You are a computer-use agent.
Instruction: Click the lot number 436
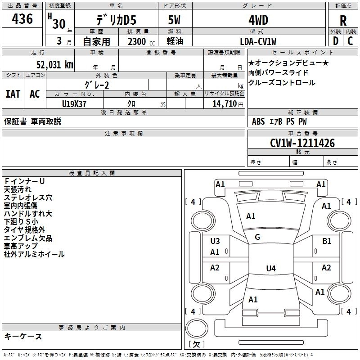(x=22, y=18)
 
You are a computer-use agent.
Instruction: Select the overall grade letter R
(x=343, y=21)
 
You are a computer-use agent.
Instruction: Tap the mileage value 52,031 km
(x=55, y=64)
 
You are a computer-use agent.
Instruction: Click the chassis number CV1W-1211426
(x=302, y=143)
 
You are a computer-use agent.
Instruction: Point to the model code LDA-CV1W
(x=258, y=41)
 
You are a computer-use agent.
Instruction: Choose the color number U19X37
(x=74, y=104)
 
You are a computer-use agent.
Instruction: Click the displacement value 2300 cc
(x=141, y=41)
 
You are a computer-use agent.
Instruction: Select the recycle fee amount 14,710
(x=225, y=103)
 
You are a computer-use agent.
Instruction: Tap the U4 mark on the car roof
(x=271, y=268)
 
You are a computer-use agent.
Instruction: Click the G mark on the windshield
(x=257, y=237)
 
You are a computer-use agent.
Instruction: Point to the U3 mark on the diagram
(x=215, y=241)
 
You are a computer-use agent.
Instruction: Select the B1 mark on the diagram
(x=327, y=241)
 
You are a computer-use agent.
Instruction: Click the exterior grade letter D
(x=336, y=41)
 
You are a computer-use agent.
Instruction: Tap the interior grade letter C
(x=350, y=41)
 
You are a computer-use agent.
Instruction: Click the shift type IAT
(x=13, y=94)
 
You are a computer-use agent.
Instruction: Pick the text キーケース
(x=23, y=336)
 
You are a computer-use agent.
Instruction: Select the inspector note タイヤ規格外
(x=24, y=229)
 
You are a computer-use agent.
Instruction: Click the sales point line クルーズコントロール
(x=282, y=82)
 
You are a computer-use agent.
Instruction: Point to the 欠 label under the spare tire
(x=197, y=344)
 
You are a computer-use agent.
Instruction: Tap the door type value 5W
(x=174, y=20)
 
